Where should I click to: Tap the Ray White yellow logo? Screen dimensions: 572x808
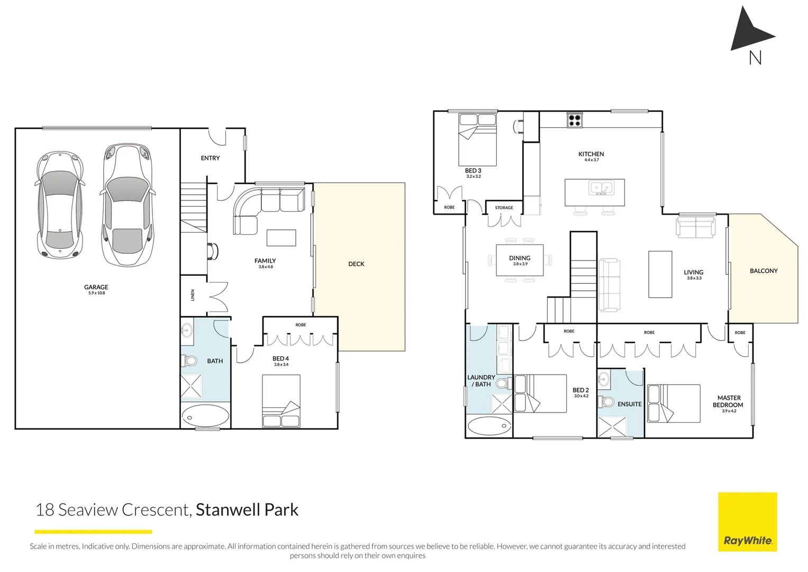pos(747,522)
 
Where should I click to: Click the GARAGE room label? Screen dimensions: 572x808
pos(96,287)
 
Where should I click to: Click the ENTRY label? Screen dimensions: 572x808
pos(210,158)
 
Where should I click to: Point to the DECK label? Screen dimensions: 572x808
pos(356,264)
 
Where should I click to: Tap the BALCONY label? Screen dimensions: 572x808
pos(763,271)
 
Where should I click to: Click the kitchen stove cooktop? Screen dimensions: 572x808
pos(574,120)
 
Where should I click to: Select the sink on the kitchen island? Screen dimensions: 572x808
pos(601,188)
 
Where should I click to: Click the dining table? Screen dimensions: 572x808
pos(520,260)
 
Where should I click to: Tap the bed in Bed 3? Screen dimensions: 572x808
pos(477,139)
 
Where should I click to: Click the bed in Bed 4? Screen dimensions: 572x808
pos(281,400)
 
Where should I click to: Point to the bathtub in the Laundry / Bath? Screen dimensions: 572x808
pos(489,426)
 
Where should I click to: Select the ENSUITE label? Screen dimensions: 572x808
pos(629,404)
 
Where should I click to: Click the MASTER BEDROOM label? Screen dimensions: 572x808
pos(728,401)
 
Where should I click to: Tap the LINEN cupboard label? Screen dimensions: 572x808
pos(193,295)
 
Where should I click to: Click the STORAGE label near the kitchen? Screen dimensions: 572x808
pos(504,208)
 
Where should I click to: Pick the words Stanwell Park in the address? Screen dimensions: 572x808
pos(247,510)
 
